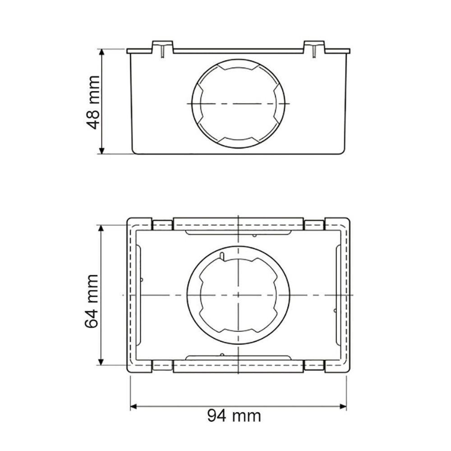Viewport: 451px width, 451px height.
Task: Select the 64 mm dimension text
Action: point(92,301)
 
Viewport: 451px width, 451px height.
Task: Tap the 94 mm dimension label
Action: point(234,415)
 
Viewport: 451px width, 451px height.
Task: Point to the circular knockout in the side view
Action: point(239,103)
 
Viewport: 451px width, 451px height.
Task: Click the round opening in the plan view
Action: point(238,295)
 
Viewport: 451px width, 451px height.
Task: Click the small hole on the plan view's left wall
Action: point(142,280)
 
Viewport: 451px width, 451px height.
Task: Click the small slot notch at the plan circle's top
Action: point(222,256)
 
